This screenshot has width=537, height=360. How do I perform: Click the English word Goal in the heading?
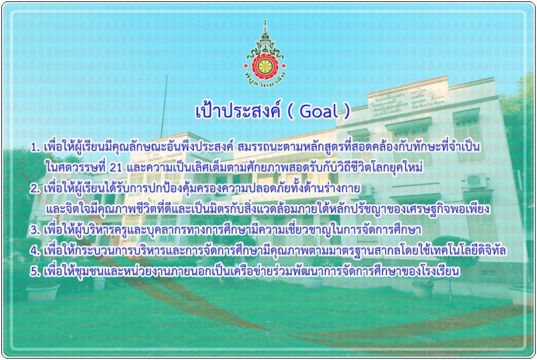(x=319, y=111)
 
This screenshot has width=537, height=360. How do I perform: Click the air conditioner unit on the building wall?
(x=476, y=180)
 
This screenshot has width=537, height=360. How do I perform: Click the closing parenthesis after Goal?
(x=347, y=111)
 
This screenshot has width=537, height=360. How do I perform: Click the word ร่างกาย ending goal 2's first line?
(x=339, y=188)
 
